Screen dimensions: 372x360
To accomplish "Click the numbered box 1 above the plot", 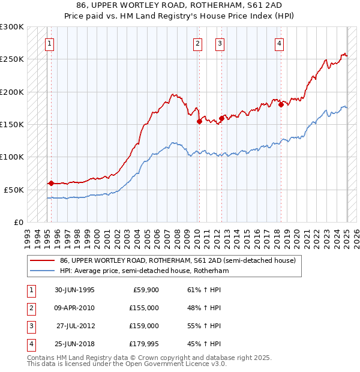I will [x=49, y=43].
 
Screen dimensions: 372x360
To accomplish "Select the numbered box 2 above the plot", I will [x=197, y=43].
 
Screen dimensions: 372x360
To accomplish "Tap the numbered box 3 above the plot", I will [x=220, y=43].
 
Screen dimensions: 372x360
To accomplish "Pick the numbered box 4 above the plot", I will [x=280, y=43].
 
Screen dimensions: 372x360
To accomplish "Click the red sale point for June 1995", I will [x=51, y=183].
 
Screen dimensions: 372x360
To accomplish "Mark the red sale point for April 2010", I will [x=199, y=121].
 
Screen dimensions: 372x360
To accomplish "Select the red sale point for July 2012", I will [x=221, y=118].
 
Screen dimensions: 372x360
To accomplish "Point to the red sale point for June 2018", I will [x=281, y=105].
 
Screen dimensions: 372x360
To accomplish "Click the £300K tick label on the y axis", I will [x=12, y=27].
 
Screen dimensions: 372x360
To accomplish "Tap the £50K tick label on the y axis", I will [x=14, y=190].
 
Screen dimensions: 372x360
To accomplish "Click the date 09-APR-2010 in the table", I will [x=74, y=308].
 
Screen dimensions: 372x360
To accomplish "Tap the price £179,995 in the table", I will [x=144, y=344].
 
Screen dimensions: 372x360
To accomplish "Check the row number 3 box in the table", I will [x=30, y=326].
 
